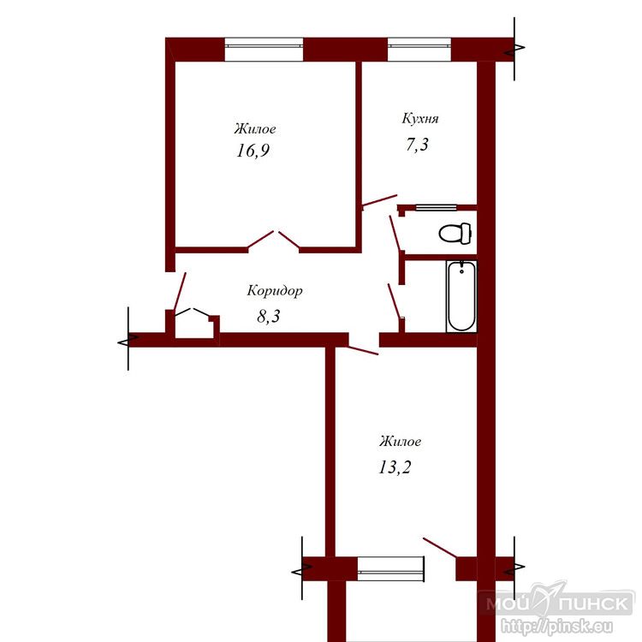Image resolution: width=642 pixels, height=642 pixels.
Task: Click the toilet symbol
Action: coord(455,233)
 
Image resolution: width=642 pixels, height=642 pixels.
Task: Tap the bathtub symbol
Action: coord(461,296)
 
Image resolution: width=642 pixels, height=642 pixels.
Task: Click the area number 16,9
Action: coord(253,151)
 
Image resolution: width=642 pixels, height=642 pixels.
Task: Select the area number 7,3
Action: coord(417,145)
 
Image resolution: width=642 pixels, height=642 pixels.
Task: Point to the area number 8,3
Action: coord(269,317)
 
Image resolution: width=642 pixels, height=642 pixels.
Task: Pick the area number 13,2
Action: coord(395,467)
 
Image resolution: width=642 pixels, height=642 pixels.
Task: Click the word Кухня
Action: coord(420,118)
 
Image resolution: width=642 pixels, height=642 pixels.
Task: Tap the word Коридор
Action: coord(275,291)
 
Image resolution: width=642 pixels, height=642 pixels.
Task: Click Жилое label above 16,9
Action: coord(255,129)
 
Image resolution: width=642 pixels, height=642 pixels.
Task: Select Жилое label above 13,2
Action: coord(400,442)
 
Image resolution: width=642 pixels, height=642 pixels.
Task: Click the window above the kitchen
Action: coord(419,50)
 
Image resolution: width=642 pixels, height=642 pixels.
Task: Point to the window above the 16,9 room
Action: coord(265,50)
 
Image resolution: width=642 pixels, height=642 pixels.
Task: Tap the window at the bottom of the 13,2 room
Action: coord(390,568)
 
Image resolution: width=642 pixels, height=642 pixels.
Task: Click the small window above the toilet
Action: coord(437,208)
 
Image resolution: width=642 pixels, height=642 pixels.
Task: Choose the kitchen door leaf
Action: coord(379,200)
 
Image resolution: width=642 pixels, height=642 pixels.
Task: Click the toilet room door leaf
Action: coord(395,233)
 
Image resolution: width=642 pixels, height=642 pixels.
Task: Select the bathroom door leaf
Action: coord(394,300)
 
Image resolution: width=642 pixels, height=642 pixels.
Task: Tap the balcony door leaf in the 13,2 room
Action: coord(440,548)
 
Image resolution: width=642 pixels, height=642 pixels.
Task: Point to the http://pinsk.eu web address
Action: coord(557,627)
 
